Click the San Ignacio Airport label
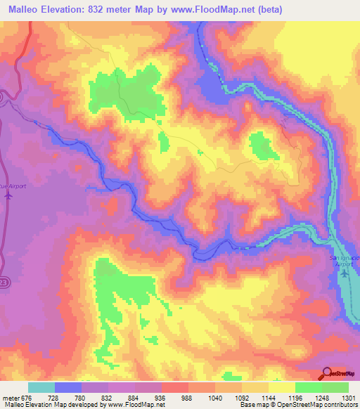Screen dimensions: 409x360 (x=345, y=259)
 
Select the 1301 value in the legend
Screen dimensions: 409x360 (x=348, y=398)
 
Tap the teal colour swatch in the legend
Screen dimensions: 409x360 (x=41, y=387)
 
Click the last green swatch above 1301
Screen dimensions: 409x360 (x=335, y=387)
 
